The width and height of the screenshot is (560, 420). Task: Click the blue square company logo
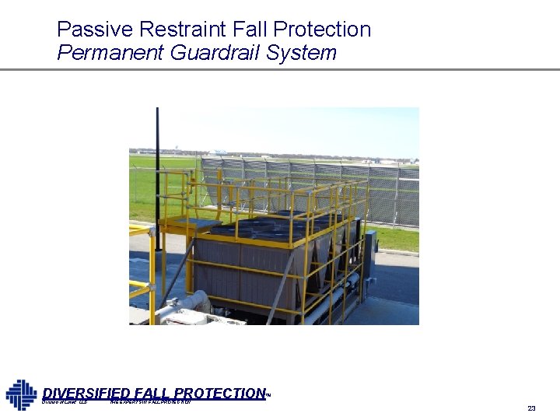click(x=21, y=394)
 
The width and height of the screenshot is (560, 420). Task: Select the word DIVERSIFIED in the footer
click(x=86, y=394)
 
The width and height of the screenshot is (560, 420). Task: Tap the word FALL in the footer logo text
click(x=152, y=394)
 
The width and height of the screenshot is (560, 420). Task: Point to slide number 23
click(x=531, y=408)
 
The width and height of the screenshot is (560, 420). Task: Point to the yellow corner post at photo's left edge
click(x=152, y=272)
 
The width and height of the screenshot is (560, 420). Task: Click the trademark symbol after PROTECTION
click(x=268, y=395)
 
